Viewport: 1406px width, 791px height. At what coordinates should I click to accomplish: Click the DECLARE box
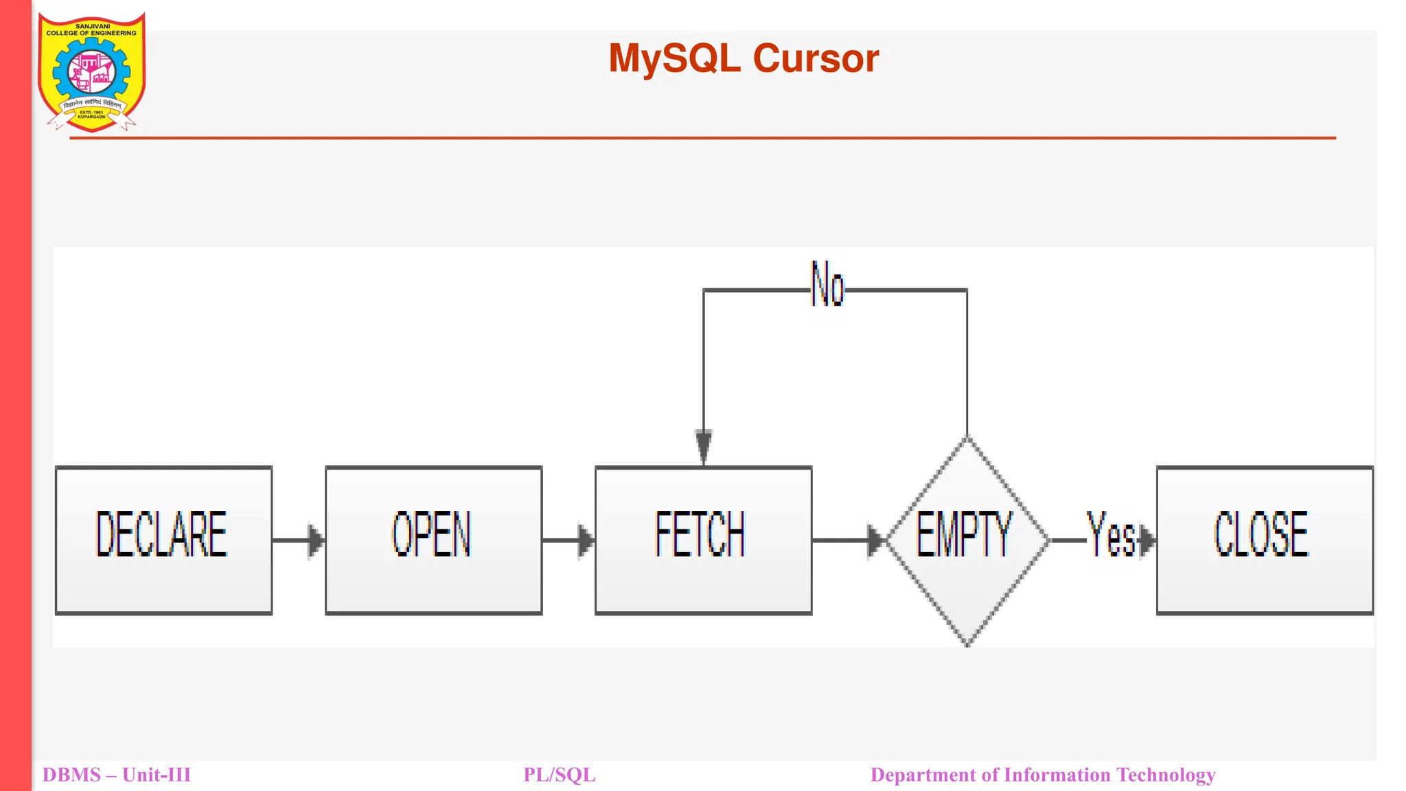click(163, 540)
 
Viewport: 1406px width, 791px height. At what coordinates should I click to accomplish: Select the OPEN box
click(433, 540)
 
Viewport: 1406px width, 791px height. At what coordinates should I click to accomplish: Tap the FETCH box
click(703, 540)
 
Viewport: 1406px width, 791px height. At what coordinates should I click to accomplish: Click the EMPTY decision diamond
click(967, 540)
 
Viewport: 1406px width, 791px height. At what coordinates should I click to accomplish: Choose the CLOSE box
click(1265, 540)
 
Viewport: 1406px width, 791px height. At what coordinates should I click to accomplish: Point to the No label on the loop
click(827, 284)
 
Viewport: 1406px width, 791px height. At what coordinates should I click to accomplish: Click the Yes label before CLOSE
click(1109, 534)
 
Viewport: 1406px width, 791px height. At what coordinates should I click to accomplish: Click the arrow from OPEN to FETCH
click(568, 540)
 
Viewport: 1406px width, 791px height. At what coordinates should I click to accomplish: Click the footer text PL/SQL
click(559, 775)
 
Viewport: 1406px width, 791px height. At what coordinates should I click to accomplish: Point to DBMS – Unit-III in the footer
click(116, 775)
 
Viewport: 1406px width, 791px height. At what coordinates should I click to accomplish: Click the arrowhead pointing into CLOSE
click(1147, 540)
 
